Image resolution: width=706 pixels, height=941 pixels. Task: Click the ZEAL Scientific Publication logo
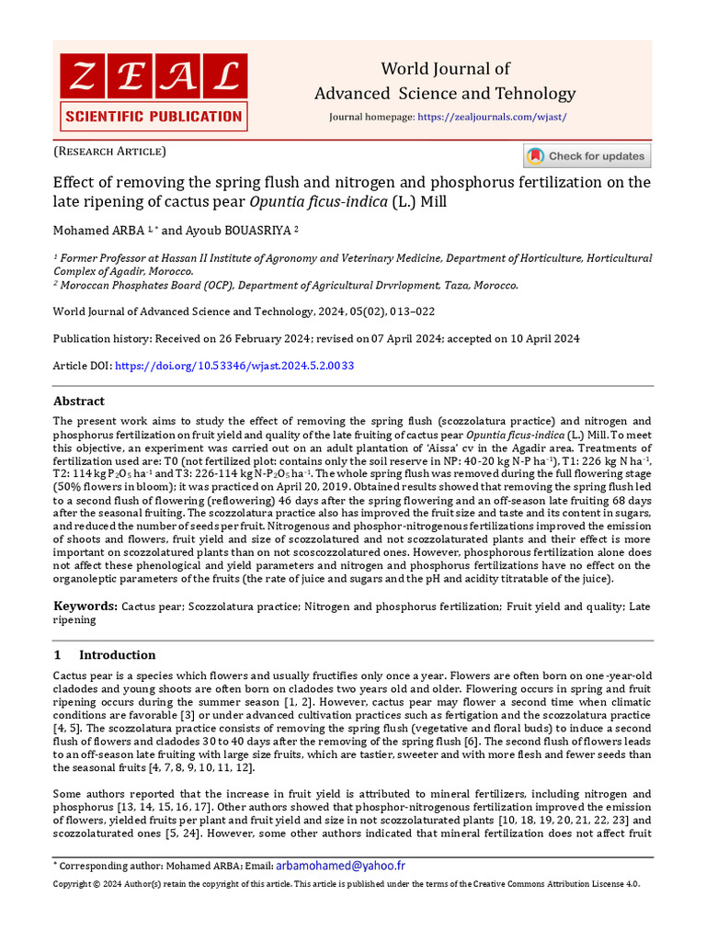click(x=153, y=90)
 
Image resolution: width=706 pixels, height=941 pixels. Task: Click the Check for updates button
click(x=586, y=156)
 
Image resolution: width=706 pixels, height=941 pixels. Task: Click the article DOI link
click(x=234, y=366)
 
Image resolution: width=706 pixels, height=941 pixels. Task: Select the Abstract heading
click(x=79, y=402)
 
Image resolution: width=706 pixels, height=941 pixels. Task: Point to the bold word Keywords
click(x=85, y=607)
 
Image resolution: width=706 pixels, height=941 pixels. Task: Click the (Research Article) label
click(x=109, y=151)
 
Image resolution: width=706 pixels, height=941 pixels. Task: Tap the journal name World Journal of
click(x=445, y=70)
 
